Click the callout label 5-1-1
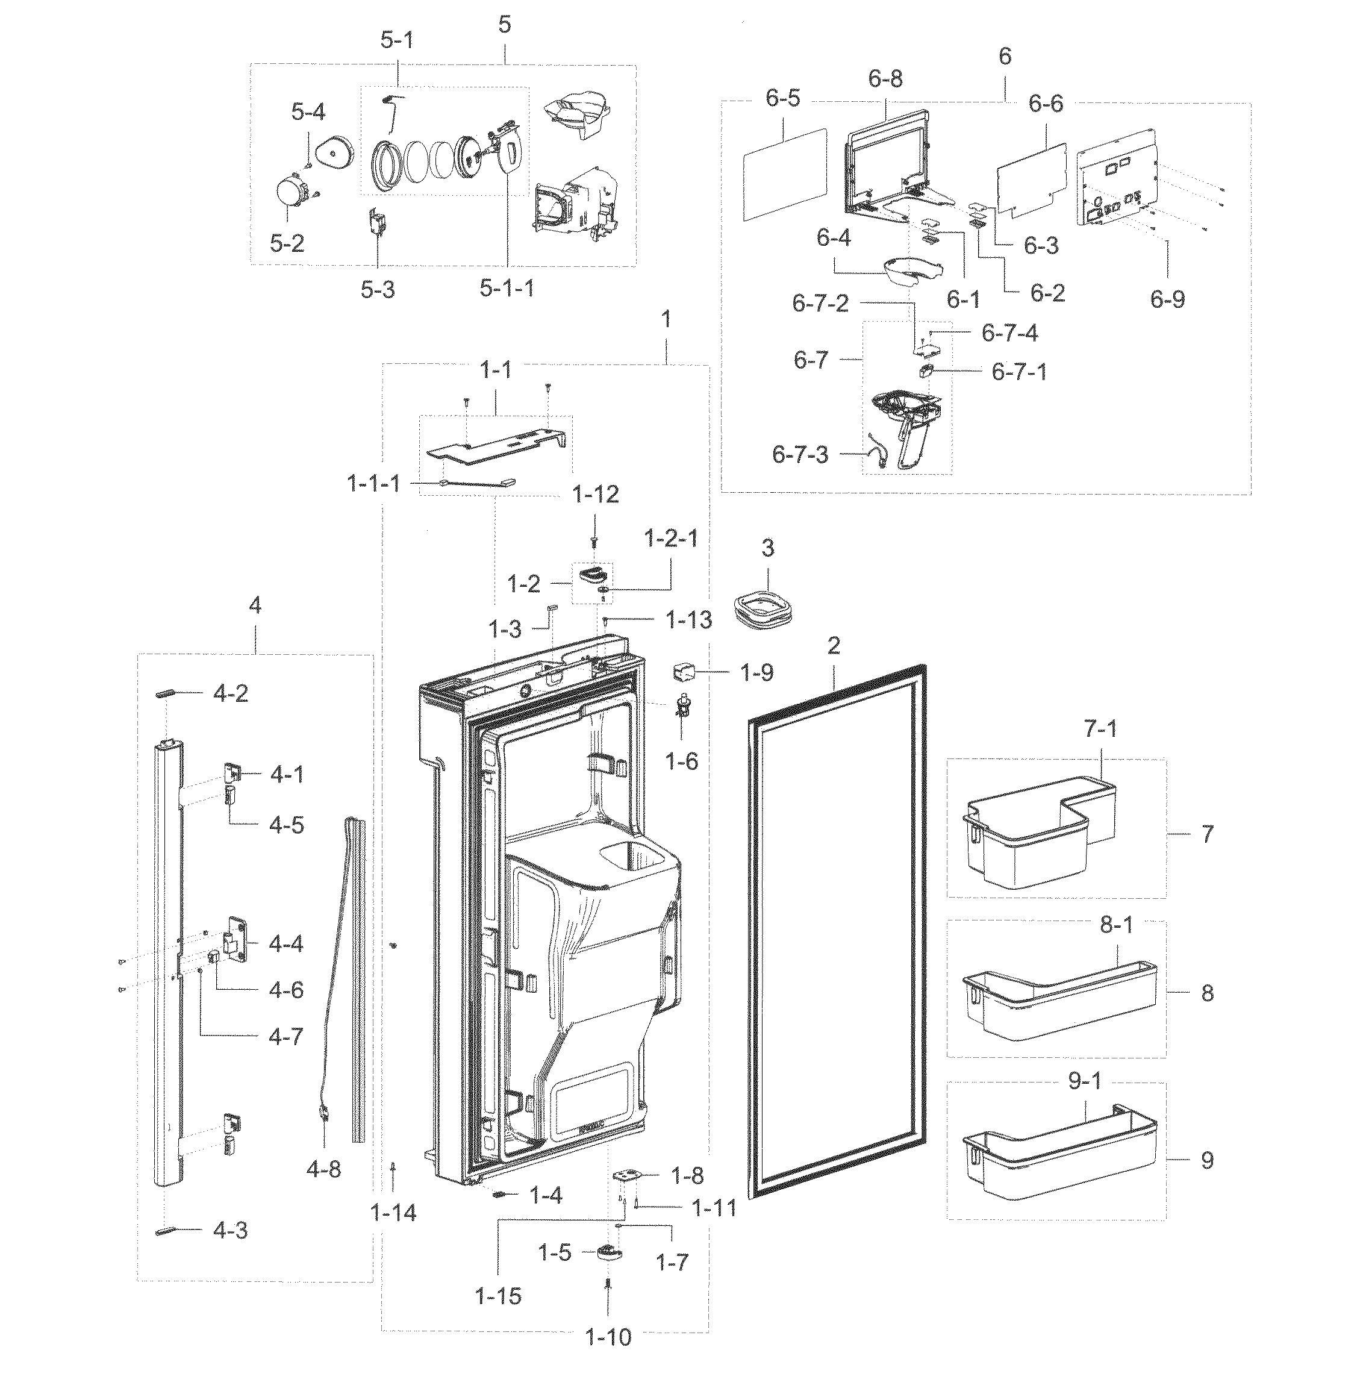(x=506, y=289)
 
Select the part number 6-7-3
(x=800, y=455)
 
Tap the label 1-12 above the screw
(x=596, y=494)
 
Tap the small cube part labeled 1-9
(x=683, y=672)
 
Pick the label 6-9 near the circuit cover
(x=1168, y=299)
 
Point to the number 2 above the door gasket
(x=833, y=646)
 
